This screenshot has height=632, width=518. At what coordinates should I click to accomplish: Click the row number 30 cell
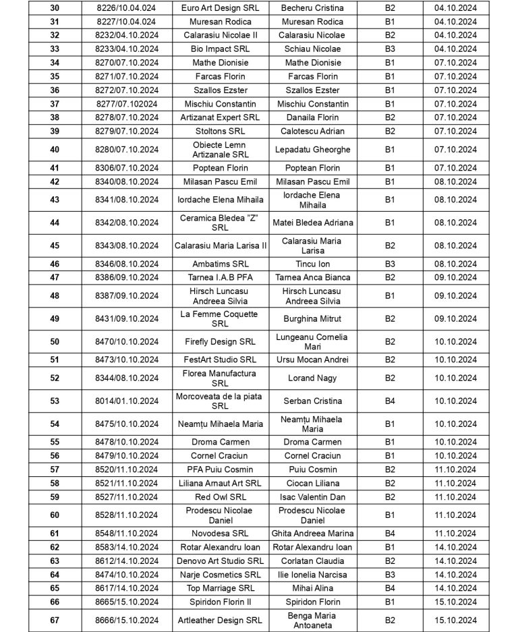pos(55,8)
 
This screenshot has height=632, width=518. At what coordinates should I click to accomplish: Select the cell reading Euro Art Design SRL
pos(220,8)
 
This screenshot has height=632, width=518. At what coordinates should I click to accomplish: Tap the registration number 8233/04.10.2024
pos(126,49)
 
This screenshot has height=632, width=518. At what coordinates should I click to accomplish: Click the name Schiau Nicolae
pos(312,49)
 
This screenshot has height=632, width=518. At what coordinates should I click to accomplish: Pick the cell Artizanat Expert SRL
pos(220,117)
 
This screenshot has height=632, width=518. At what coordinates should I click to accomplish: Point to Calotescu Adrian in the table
pos(312,131)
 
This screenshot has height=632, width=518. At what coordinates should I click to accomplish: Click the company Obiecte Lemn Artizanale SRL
pos(220,150)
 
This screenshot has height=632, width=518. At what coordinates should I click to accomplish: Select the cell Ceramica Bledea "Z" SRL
pos(220,223)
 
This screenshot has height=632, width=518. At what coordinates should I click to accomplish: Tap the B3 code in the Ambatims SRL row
pos(390,264)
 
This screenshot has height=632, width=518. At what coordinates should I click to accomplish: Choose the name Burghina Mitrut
pos(312,319)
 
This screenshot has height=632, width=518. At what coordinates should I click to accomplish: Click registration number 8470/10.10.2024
pos(126,342)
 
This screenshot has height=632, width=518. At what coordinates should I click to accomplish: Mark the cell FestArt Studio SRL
pos(220,360)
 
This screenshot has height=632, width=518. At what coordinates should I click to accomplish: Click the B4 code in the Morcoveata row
pos(390,401)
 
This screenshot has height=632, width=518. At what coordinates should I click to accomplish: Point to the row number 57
pos(55,469)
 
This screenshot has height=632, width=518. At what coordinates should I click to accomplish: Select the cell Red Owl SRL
pos(220,497)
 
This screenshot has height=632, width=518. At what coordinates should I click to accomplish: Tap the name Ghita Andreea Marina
pos(312,534)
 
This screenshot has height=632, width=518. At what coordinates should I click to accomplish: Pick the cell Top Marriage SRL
pos(220,588)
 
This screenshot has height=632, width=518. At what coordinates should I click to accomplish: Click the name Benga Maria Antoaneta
pos(312,621)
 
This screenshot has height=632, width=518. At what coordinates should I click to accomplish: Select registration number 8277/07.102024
pos(126,104)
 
